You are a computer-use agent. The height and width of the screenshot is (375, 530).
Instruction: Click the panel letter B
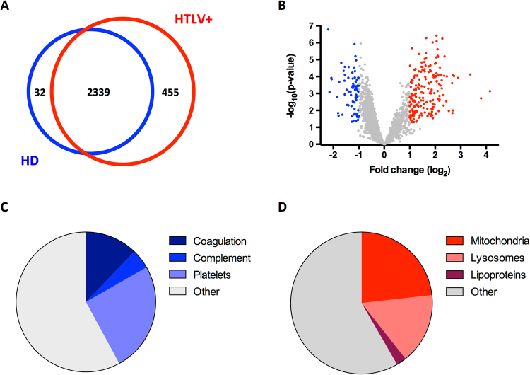tap(285, 8)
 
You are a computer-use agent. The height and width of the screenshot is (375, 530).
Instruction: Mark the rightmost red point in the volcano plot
tap(490, 91)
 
